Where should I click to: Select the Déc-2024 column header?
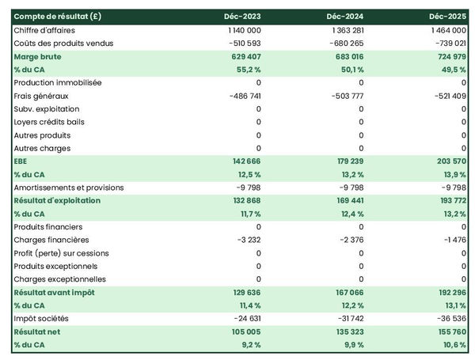click(x=346, y=17)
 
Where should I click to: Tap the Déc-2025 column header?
click(x=449, y=17)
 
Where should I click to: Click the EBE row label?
click(x=21, y=161)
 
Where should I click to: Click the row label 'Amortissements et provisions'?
click(x=68, y=188)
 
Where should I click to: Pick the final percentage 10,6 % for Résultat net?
click(x=452, y=345)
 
